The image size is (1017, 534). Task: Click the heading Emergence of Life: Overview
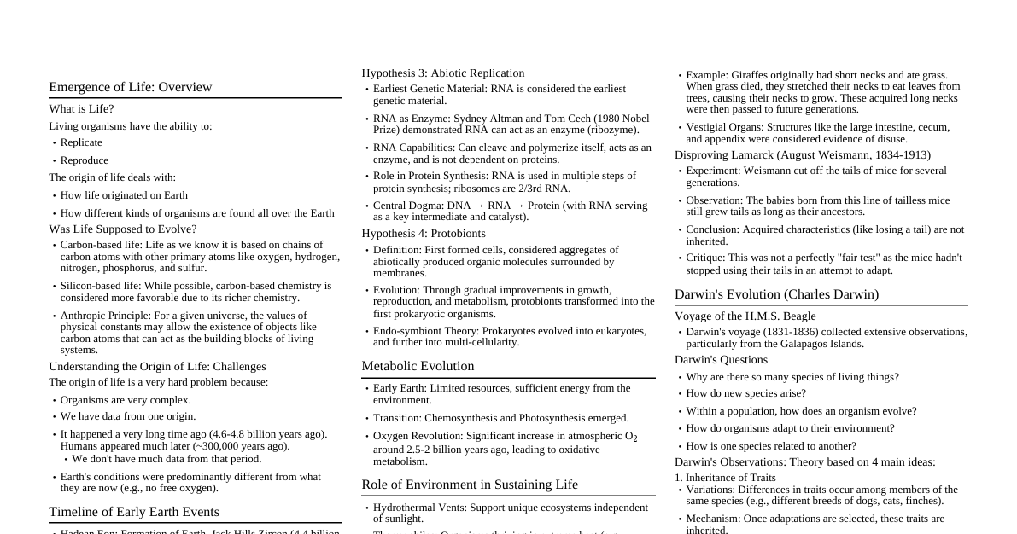coord(130,87)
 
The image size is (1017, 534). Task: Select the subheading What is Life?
coord(81,109)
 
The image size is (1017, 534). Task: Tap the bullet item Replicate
coord(81,142)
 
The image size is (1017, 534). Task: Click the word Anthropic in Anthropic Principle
coord(82,316)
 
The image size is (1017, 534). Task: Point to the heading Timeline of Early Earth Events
coord(134,512)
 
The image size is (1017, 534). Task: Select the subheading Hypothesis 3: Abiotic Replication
coord(442,73)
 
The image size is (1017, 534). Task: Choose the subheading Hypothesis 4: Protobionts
coord(423,234)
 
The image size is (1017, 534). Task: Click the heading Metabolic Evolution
coord(418,366)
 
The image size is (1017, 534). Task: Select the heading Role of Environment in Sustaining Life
coord(470,485)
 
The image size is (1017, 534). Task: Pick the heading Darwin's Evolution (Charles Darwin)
coord(776,294)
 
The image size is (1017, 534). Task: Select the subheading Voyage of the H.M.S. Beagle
coord(745,316)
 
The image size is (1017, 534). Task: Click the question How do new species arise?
coord(745,393)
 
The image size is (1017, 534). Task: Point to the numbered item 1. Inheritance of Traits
coord(725,478)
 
